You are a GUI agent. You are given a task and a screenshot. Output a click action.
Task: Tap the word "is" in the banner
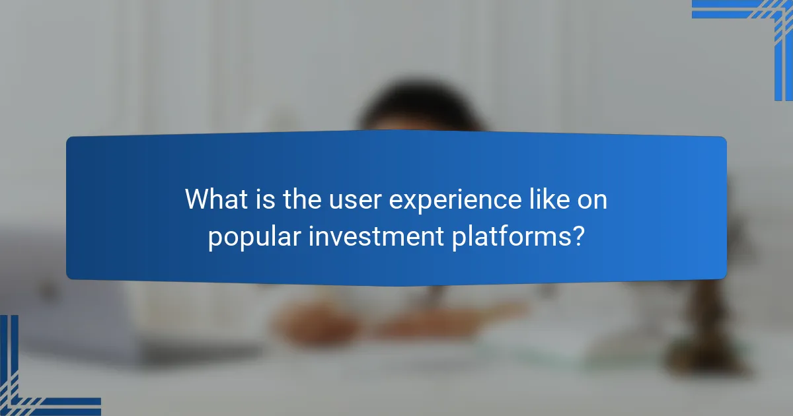[x=262, y=199]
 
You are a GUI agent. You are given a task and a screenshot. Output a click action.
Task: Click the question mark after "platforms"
[x=578, y=236]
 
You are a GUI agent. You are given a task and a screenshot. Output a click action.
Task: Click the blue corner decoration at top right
[x=760, y=26]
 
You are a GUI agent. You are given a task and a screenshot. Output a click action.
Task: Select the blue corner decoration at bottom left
[x=33, y=383]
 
